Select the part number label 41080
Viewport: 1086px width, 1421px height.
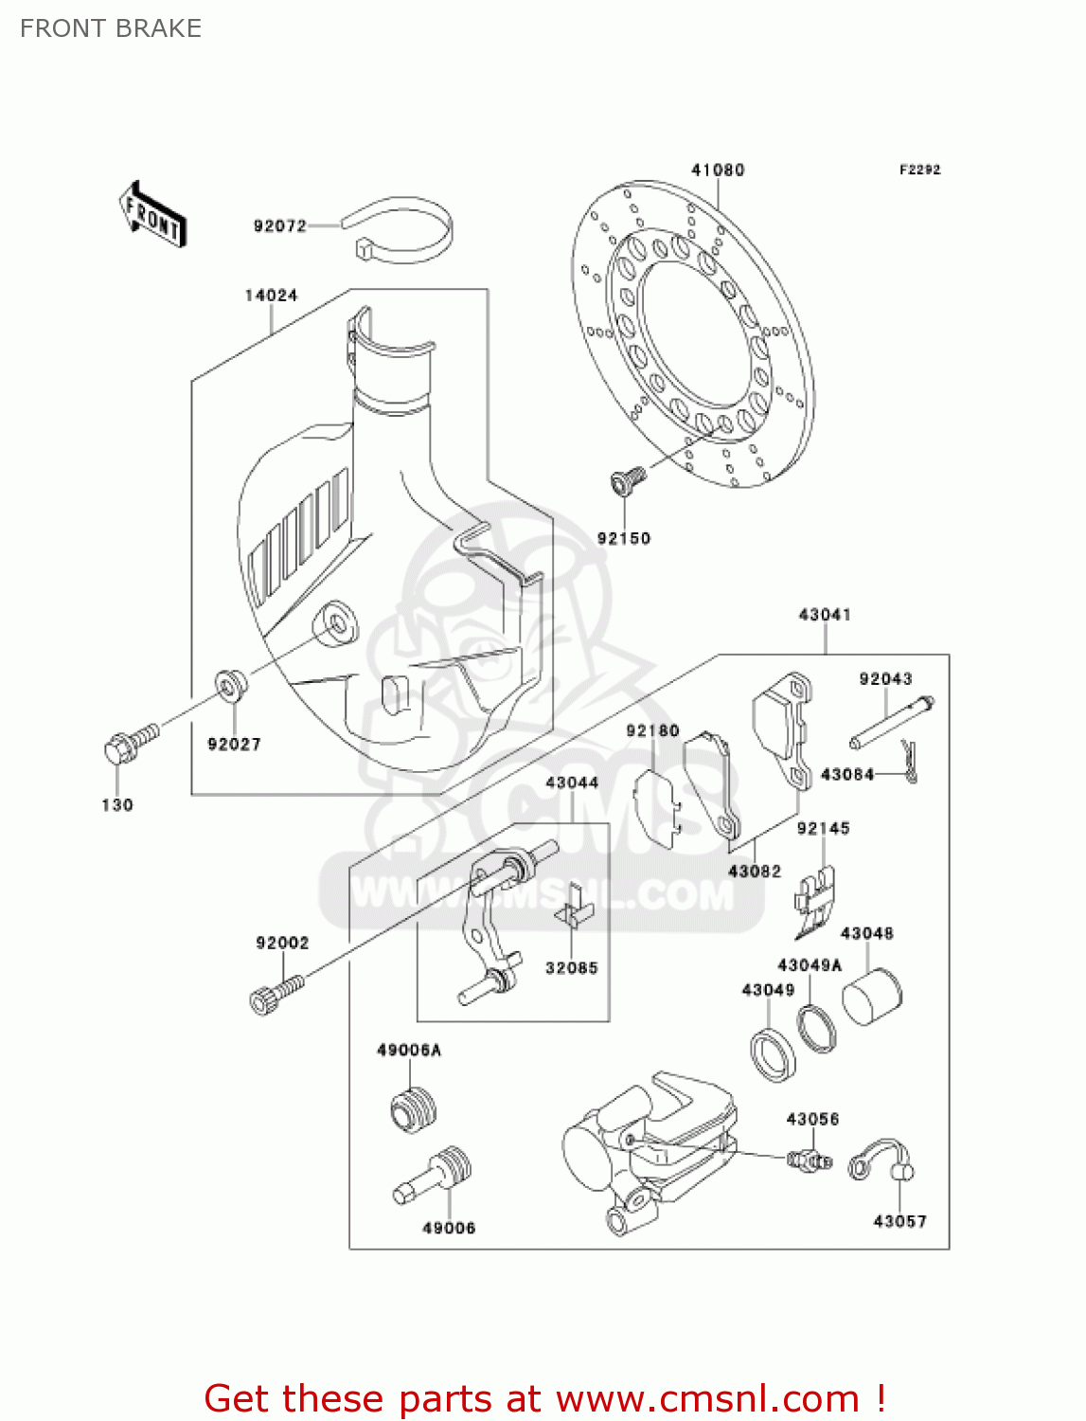717,171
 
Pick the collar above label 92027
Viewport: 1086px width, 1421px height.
230,684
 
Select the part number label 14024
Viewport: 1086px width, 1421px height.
271,296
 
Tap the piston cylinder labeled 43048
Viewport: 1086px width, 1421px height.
871,997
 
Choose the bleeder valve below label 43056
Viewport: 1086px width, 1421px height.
808,1159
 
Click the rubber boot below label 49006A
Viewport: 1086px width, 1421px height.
414,1108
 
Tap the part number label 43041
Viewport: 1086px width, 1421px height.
825,615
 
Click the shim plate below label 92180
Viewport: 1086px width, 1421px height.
658,806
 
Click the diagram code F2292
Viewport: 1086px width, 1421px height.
919,170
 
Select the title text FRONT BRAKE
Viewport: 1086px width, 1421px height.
111,28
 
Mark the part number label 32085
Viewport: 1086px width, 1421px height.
571,968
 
